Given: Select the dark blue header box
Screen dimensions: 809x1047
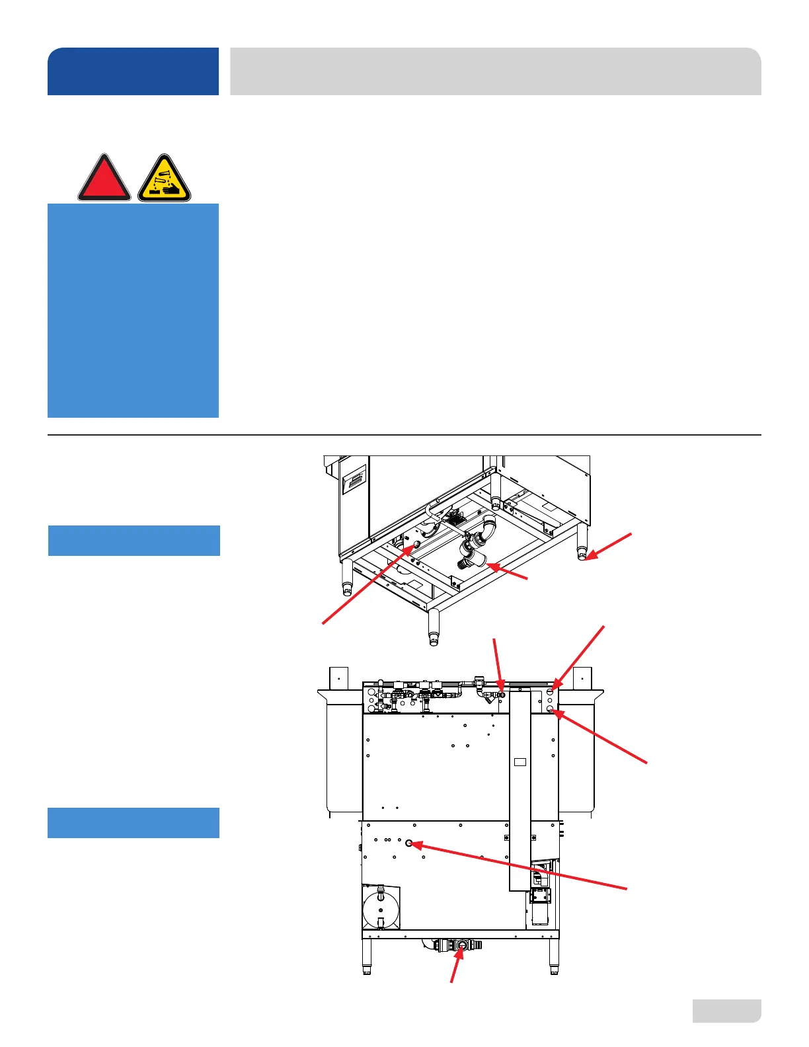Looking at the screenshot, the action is [133, 71].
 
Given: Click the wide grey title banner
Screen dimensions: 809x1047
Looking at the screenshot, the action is [495, 71].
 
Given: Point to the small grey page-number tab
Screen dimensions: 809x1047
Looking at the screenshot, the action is [726, 1011].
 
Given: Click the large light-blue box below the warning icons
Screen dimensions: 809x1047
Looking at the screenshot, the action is [133, 310].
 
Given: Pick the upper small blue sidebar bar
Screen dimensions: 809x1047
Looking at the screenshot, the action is [134, 541].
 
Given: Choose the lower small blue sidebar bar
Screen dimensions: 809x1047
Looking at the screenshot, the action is [134, 823].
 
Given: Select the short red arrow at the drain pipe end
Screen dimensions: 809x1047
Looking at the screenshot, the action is [508, 572].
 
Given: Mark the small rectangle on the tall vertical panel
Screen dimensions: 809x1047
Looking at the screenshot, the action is [520, 762].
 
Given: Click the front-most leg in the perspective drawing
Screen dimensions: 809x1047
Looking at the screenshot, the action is [434, 627].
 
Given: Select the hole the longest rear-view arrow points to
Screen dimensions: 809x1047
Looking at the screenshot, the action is [409, 843].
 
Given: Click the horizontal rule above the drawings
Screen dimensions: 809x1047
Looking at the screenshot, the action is [404, 435].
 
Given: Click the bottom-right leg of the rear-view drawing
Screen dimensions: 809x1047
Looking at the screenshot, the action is [554, 956].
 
